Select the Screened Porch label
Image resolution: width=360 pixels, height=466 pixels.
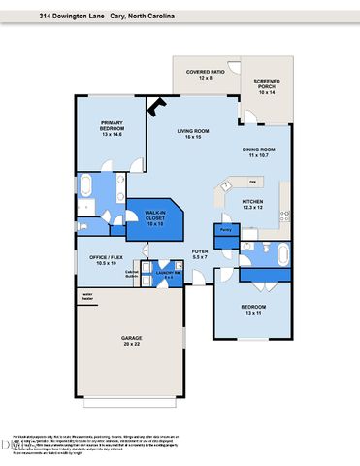[268, 86]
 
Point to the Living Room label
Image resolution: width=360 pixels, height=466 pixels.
[193, 133]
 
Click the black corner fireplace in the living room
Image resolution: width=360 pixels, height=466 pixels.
[154, 113]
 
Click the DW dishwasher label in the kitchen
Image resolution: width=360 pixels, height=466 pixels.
[252, 182]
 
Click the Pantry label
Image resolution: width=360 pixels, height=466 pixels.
[225, 230]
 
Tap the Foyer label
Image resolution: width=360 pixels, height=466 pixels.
[200, 254]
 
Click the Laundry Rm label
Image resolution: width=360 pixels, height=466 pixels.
[169, 274]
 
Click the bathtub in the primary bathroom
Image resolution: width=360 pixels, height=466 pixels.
[86, 185]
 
